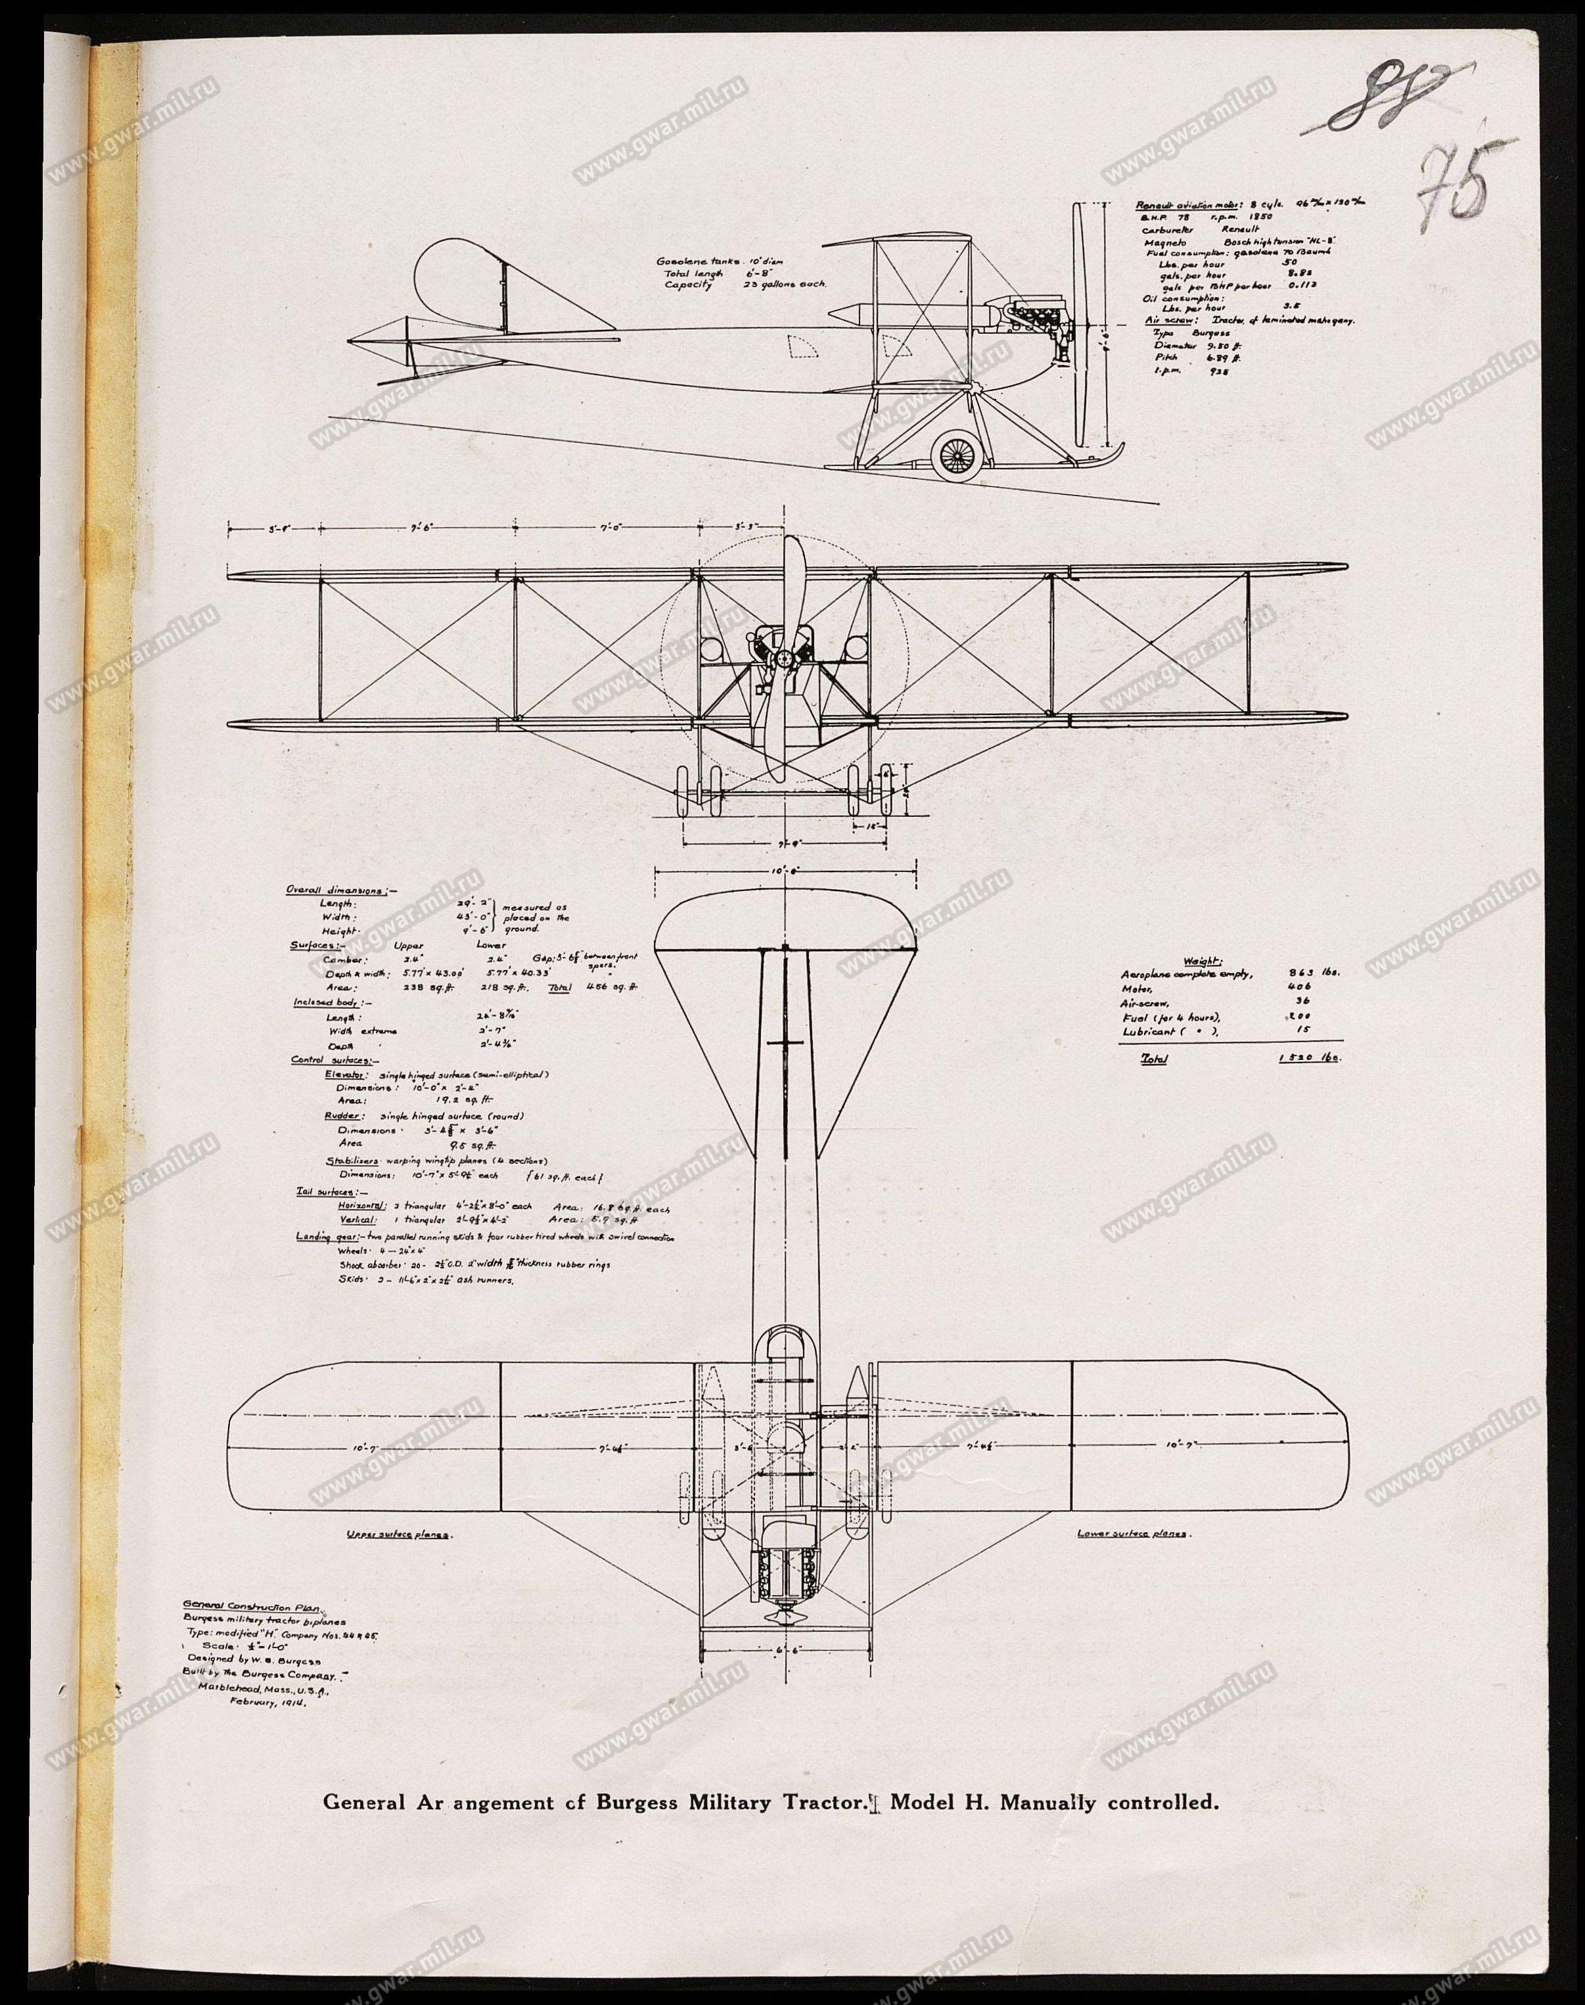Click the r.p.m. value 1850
[1258, 216]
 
